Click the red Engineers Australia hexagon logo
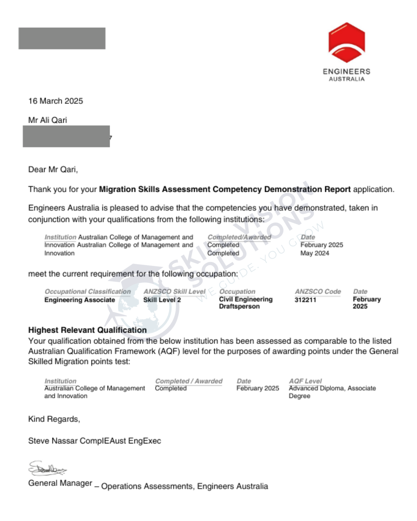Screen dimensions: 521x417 click(346, 42)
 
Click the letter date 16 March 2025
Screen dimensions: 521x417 click(56, 101)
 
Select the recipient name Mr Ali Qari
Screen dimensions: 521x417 click(47, 120)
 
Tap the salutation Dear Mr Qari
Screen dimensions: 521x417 click(53, 169)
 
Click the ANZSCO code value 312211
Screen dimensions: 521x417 click(305, 300)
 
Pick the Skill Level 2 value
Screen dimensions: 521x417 click(162, 300)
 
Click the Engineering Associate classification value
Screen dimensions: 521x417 click(80, 300)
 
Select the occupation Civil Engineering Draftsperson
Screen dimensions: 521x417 click(246, 303)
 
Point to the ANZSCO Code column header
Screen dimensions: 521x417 click(318, 291)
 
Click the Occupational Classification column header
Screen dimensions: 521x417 click(88, 291)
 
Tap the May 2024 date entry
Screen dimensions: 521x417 click(315, 253)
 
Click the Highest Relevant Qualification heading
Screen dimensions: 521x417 click(87, 330)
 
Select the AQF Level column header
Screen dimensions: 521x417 click(305, 381)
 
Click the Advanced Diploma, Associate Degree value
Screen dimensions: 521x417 click(332, 392)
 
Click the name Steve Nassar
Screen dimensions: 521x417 click(53, 441)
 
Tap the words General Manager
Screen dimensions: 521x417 click(60, 483)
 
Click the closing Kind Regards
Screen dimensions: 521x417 click(54, 419)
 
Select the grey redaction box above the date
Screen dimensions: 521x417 click(62, 38)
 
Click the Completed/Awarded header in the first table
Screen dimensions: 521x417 click(239, 237)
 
